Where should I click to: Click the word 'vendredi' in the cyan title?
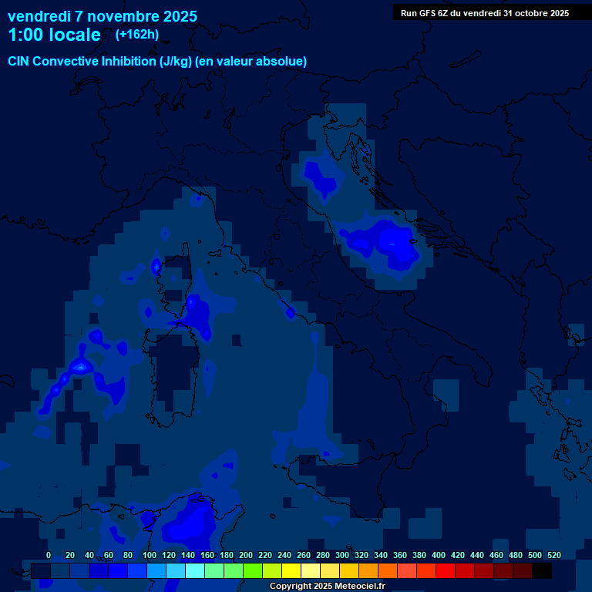pyautogui.click(x=39, y=16)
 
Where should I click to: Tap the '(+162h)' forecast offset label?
pyautogui.click(x=136, y=34)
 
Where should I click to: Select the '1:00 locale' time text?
pyautogui.click(x=54, y=35)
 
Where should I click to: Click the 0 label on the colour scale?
pyautogui.click(x=49, y=555)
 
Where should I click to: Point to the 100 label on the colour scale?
pyautogui.click(x=150, y=555)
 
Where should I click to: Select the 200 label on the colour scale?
pyautogui.click(x=246, y=555)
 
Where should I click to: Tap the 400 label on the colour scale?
pyautogui.click(x=439, y=555)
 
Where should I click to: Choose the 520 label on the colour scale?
pyautogui.click(x=553, y=555)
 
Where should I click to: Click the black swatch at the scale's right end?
pyautogui.click(x=542, y=570)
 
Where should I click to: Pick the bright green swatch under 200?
pyautogui.click(x=253, y=570)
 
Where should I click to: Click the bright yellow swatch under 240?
pyautogui.click(x=291, y=570)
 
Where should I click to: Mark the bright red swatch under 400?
pyautogui.click(x=446, y=570)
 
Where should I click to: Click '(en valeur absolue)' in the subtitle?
pyautogui.click(x=251, y=62)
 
